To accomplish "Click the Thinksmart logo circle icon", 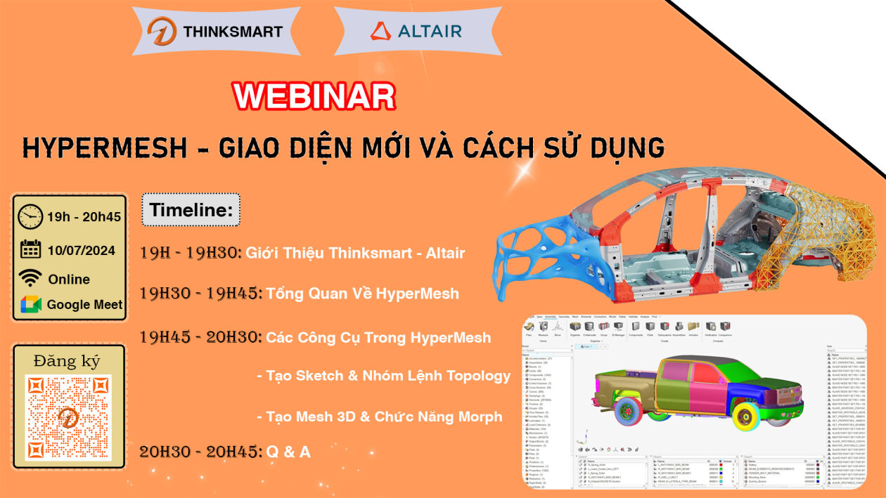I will point(162,32).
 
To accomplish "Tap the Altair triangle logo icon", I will point(380,32).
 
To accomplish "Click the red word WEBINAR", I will point(314,96).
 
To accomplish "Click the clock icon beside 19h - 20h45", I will point(30,216).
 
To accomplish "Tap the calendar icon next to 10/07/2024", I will point(30,249).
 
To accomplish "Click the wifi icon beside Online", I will point(30,278).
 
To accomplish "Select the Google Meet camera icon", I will point(30,304).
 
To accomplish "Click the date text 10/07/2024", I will point(82,249).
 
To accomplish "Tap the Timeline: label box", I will point(191,209).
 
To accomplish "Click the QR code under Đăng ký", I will point(68,418).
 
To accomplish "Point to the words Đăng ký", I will point(68,361).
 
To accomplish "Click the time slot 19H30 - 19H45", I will point(201,294).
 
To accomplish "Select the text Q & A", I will point(288,452).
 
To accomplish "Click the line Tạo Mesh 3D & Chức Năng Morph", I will point(384,417).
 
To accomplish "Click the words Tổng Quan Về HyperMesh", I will point(362,294).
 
